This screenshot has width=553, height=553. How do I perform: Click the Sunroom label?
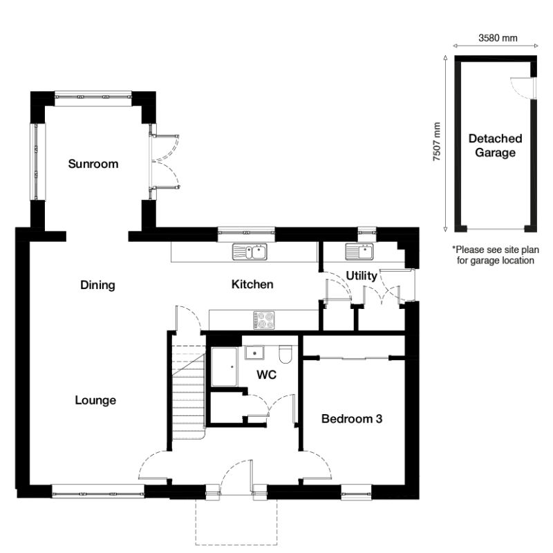[x=93, y=165]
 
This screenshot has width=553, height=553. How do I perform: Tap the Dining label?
[x=97, y=285]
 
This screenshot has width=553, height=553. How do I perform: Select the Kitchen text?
[x=252, y=284]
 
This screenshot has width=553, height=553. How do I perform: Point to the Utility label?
[x=362, y=276]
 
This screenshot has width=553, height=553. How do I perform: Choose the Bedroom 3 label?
[x=352, y=418]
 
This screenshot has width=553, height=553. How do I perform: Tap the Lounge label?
[x=95, y=400]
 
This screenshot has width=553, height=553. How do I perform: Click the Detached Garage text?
[x=494, y=146]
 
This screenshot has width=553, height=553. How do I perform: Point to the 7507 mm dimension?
[x=436, y=142]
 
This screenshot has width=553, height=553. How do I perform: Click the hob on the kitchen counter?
[x=264, y=319]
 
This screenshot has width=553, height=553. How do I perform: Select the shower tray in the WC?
[x=225, y=366]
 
